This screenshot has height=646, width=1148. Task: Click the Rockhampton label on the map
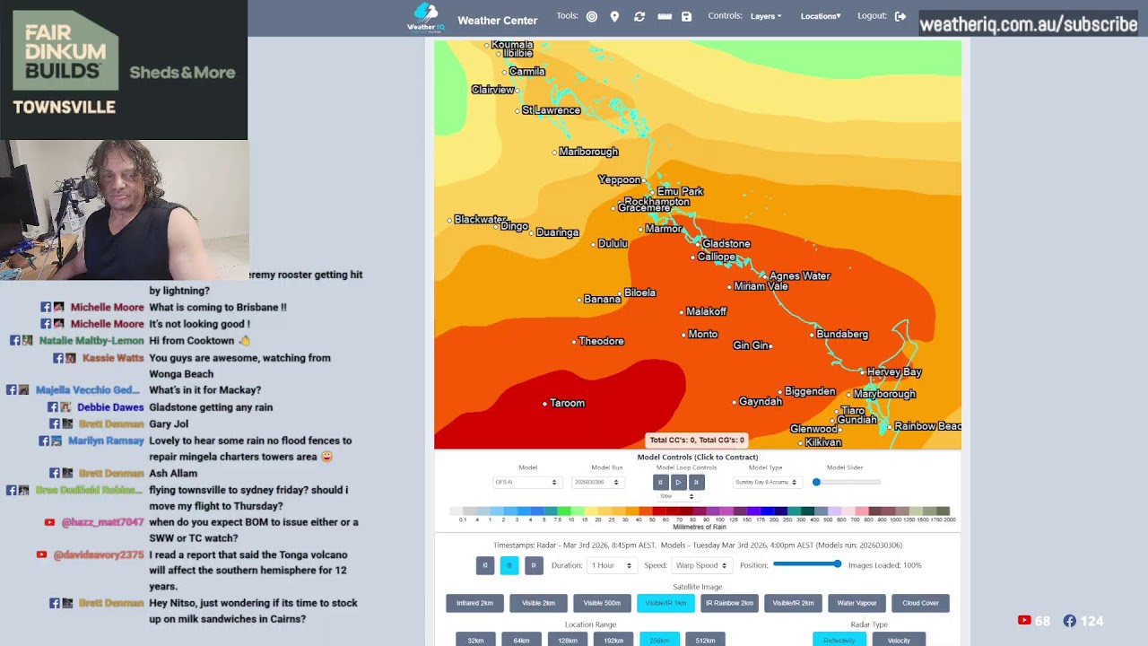click(x=657, y=201)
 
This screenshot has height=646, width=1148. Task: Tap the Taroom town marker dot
click(x=544, y=404)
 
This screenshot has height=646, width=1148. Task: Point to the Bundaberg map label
click(x=842, y=334)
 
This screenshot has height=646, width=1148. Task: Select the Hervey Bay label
click(x=894, y=371)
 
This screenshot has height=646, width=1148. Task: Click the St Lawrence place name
click(x=551, y=110)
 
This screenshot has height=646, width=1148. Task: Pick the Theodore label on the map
click(x=601, y=341)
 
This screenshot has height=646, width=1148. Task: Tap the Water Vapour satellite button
click(x=857, y=603)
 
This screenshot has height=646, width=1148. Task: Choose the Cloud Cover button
click(x=920, y=603)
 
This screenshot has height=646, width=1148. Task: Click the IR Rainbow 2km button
click(x=729, y=603)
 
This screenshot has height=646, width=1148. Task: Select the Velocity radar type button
click(x=899, y=640)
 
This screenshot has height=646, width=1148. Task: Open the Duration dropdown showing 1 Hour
click(x=612, y=565)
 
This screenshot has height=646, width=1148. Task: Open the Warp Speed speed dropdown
click(x=700, y=565)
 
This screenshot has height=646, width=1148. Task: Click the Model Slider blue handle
click(x=816, y=482)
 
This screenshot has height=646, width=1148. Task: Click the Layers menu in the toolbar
click(x=765, y=16)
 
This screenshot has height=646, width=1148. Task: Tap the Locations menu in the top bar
click(x=821, y=16)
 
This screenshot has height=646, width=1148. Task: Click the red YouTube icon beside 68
click(x=1024, y=621)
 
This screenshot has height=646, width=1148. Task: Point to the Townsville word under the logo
click(x=64, y=107)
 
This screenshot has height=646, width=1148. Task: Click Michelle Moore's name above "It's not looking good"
click(x=107, y=324)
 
